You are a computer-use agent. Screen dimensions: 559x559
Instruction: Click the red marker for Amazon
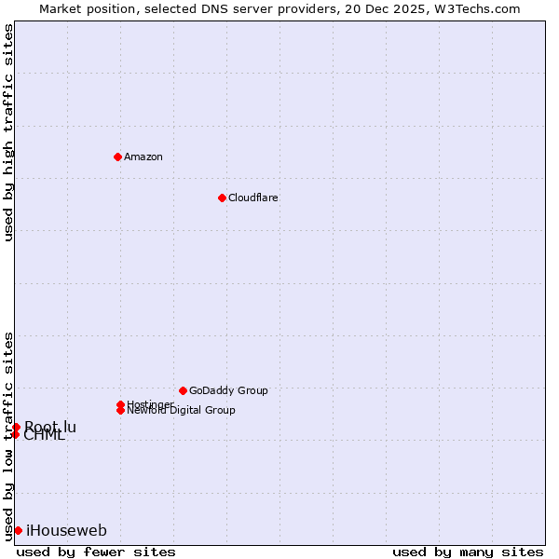tap(117, 157)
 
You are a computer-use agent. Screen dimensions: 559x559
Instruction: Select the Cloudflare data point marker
tap(222, 198)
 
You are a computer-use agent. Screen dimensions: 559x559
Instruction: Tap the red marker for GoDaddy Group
tap(183, 390)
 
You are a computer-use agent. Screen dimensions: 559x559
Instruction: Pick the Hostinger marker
tap(120, 404)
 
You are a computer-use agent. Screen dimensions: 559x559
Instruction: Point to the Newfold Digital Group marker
tap(120, 410)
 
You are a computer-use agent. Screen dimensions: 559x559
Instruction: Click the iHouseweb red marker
tap(18, 530)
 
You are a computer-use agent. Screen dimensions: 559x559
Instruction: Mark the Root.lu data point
tap(16, 427)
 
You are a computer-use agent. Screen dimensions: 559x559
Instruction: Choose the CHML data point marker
tap(16, 434)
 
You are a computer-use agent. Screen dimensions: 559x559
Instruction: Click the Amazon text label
tap(143, 157)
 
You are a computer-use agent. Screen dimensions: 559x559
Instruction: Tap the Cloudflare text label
tap(253, 198)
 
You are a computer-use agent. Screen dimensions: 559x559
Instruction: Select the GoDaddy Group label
tap(228, 390)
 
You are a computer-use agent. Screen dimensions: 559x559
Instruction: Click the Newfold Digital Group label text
tap(181, 411)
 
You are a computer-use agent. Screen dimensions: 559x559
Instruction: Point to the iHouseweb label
tap(66, 531)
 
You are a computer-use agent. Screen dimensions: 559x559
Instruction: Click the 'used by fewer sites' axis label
tap(96, 552)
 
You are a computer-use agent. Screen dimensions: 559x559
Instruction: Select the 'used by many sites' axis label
tap(468, 552)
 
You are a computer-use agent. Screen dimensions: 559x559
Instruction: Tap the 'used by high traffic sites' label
tap(8, 132)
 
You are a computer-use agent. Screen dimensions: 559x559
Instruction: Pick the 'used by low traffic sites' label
tap(8, 436)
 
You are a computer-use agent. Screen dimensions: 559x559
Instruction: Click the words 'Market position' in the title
tap(83, 8)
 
